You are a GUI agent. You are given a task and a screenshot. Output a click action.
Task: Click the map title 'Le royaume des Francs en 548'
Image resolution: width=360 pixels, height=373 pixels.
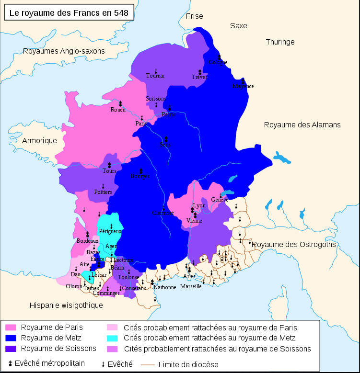point(69,13)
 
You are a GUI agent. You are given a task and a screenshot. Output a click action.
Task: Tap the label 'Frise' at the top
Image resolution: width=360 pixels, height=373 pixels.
point(195,16)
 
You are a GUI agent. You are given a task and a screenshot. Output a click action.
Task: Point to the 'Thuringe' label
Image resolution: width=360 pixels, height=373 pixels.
point(280,42)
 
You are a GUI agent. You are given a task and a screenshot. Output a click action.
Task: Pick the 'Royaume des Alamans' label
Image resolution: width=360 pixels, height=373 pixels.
point(302,124)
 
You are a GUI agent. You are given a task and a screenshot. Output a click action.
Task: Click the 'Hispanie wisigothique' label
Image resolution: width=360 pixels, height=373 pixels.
point(66,305)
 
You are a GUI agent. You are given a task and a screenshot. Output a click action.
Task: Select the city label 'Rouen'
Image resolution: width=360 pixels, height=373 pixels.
point(118,110)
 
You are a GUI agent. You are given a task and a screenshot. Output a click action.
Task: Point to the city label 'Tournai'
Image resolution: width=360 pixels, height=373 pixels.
point(155,76)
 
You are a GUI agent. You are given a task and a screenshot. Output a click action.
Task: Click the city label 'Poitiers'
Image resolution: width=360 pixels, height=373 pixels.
point(103,192)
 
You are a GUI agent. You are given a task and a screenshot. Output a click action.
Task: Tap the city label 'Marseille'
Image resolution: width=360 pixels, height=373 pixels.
point(191,286)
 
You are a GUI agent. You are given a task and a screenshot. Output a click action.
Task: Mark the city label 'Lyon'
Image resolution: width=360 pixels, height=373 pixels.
point(199,205)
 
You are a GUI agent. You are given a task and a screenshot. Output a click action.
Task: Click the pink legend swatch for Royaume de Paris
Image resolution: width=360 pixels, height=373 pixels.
point(11,328)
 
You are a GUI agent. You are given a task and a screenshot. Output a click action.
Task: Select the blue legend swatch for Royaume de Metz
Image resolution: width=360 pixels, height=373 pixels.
point(11,338)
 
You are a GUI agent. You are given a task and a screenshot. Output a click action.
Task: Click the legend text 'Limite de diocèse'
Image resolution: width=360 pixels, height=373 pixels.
point(187,364)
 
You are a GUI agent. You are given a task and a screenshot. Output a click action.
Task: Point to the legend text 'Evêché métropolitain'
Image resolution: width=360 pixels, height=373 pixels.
point(50,363)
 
